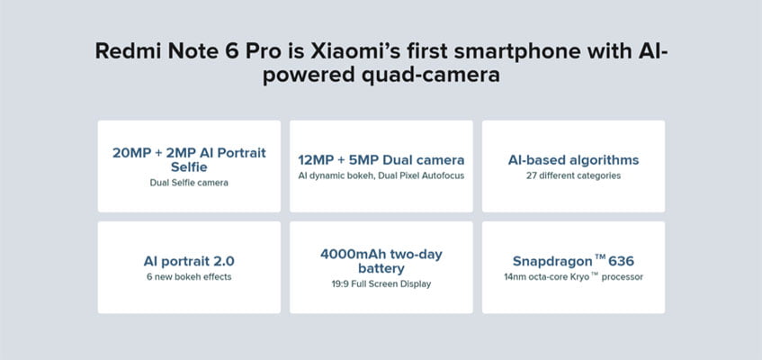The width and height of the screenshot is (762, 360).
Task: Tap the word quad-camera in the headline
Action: [x=440, y=76]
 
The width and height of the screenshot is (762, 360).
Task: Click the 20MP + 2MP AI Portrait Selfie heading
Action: [x=189, y=160]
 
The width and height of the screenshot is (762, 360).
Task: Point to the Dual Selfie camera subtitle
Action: [x=189, y=183]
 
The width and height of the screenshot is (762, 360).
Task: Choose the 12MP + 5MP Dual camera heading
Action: [x=381, y=160]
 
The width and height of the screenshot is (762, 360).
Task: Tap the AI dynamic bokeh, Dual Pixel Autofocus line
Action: [x=381, y=175]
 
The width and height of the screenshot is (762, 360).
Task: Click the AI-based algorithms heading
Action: [x=573, y=160]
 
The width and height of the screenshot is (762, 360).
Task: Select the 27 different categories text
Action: [x=573, y=175]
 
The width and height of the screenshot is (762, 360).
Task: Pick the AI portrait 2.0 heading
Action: [x=189, y=261]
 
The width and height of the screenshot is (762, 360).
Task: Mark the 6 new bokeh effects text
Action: [x=189, y=277]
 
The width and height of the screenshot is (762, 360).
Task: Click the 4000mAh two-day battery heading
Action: [x=381, y=261]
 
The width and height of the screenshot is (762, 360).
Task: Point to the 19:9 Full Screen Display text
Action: [x=381, y=284]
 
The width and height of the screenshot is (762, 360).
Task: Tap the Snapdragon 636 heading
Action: [x=573, y=261]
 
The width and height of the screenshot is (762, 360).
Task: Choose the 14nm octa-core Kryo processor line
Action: [x=573, y=277]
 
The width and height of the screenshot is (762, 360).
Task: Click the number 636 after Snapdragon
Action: [x=622, y=261]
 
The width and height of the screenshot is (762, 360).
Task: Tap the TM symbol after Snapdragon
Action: [x=600, y=257]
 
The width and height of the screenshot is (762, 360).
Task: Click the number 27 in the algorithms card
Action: [x=531, y=175]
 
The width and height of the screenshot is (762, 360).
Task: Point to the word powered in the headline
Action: [x=318, y=76]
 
